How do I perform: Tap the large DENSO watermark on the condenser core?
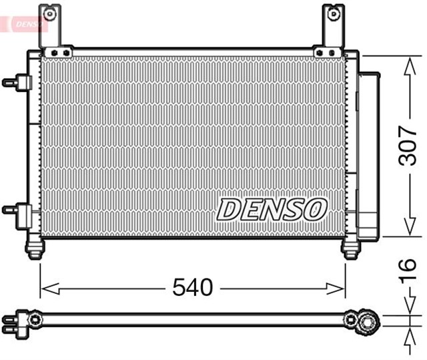tap(271, 210)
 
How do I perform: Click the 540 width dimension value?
tap(192, 288)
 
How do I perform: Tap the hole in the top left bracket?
tap(49, 12)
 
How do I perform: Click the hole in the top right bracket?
tap(332, 12)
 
